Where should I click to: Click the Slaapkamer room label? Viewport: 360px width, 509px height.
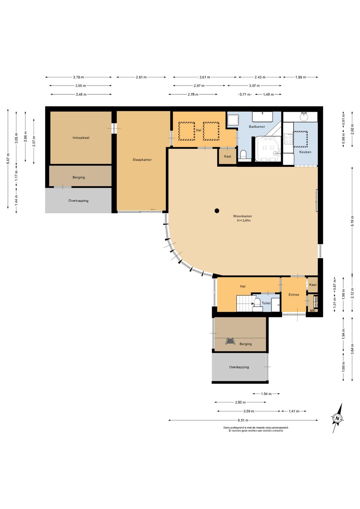coord(142,160)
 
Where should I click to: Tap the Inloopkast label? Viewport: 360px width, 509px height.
coord(81,138)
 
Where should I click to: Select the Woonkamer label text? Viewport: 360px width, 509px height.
coord(242,216)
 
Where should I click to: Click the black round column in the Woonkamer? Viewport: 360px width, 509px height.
coord(217,211)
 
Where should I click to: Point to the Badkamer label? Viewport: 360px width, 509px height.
coord(257,126)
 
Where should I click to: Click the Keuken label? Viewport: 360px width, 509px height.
coord(305,152)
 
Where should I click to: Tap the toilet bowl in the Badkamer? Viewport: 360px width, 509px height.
coord(243,155)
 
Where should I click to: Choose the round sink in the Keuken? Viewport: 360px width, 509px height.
coord(304,117)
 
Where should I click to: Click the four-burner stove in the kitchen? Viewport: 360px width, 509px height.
coord(289,139)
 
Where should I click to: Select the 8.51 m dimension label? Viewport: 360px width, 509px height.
coord(243,420)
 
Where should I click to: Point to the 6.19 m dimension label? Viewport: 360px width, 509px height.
coord(352,220)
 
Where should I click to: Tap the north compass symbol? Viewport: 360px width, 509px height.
coord(338,418)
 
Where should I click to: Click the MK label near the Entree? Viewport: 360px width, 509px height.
coord(313,311)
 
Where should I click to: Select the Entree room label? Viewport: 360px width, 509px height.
coord(294,295)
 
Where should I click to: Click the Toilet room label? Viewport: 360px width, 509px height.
coord(266,303)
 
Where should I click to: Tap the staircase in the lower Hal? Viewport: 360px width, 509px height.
coord(244,303)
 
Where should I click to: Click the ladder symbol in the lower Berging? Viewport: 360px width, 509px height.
coord(230,342)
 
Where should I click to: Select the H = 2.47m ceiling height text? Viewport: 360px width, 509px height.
coord(244,220)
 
